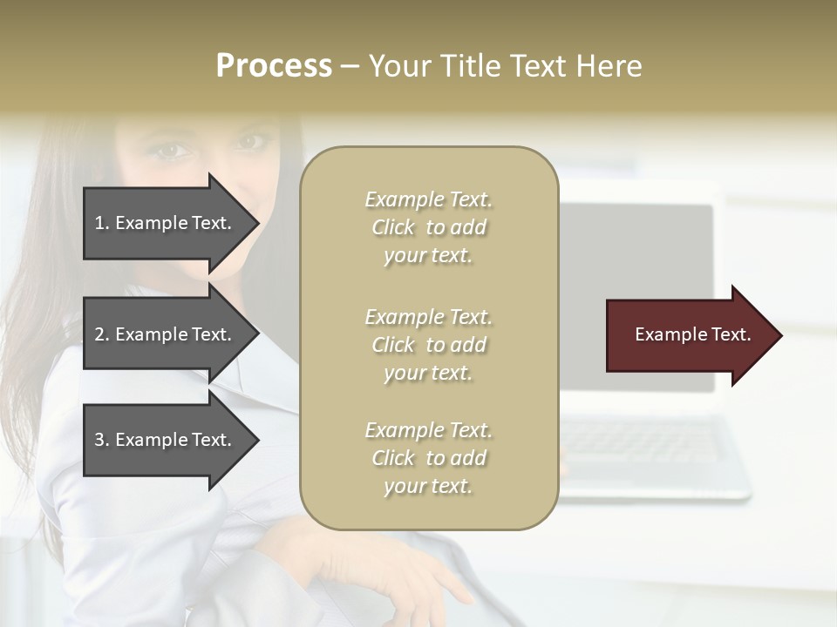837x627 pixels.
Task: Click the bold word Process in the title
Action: pos(274,66)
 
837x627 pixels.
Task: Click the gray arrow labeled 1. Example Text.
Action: pos(166,223)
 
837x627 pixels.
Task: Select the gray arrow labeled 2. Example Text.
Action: pos(166,334)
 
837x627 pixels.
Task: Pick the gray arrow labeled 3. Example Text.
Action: pos(166,440)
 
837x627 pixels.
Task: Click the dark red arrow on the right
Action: pos(689,335)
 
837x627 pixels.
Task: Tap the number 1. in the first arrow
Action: pos(102,223)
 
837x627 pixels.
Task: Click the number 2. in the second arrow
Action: pos(102,334)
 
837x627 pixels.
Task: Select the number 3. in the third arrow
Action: pos(102,440)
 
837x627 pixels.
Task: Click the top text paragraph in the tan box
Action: pos(428,227)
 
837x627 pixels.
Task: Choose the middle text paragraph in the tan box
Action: pos(428,345)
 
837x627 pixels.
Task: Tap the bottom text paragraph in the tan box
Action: pos(428,458)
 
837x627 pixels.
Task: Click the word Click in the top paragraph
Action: pos(393,227)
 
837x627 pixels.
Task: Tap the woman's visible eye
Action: pos(173,151)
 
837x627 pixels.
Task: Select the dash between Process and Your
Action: pos(350,67)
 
